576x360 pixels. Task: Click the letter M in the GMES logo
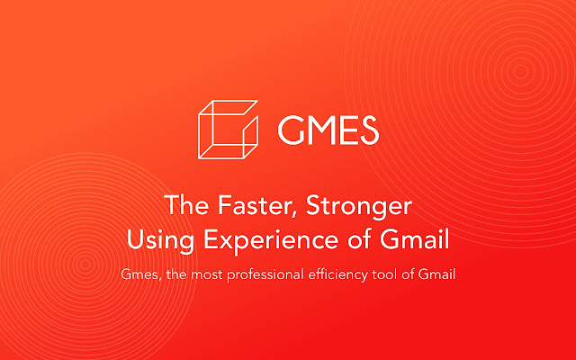pyautogui.click(x=319, y=131)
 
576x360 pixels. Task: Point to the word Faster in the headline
pyautogui.click(x=236, y=206)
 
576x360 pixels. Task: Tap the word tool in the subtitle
pyautogui.click(x=394, y=274)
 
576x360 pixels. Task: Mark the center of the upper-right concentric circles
pyautogui.click(x=520, y=70)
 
